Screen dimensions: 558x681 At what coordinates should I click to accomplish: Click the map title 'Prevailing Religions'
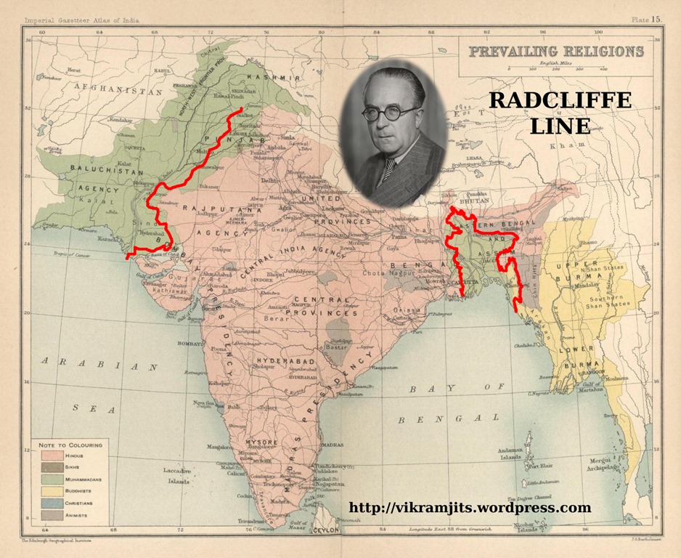click(x=555, y=52)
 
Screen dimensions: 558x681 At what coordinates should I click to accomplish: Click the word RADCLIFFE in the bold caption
click(x=560, y=101)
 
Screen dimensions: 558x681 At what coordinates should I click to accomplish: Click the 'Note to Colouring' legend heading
click(x=70, y=444)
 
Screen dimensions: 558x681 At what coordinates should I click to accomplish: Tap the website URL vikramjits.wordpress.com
click(x=470, y=508)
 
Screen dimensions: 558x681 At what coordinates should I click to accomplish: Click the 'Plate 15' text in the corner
click(x=644, y=20)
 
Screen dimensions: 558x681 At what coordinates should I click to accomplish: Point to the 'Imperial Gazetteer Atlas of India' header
click(x=78, y=20)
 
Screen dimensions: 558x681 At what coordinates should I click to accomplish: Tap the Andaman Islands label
click(x=511, y=453)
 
